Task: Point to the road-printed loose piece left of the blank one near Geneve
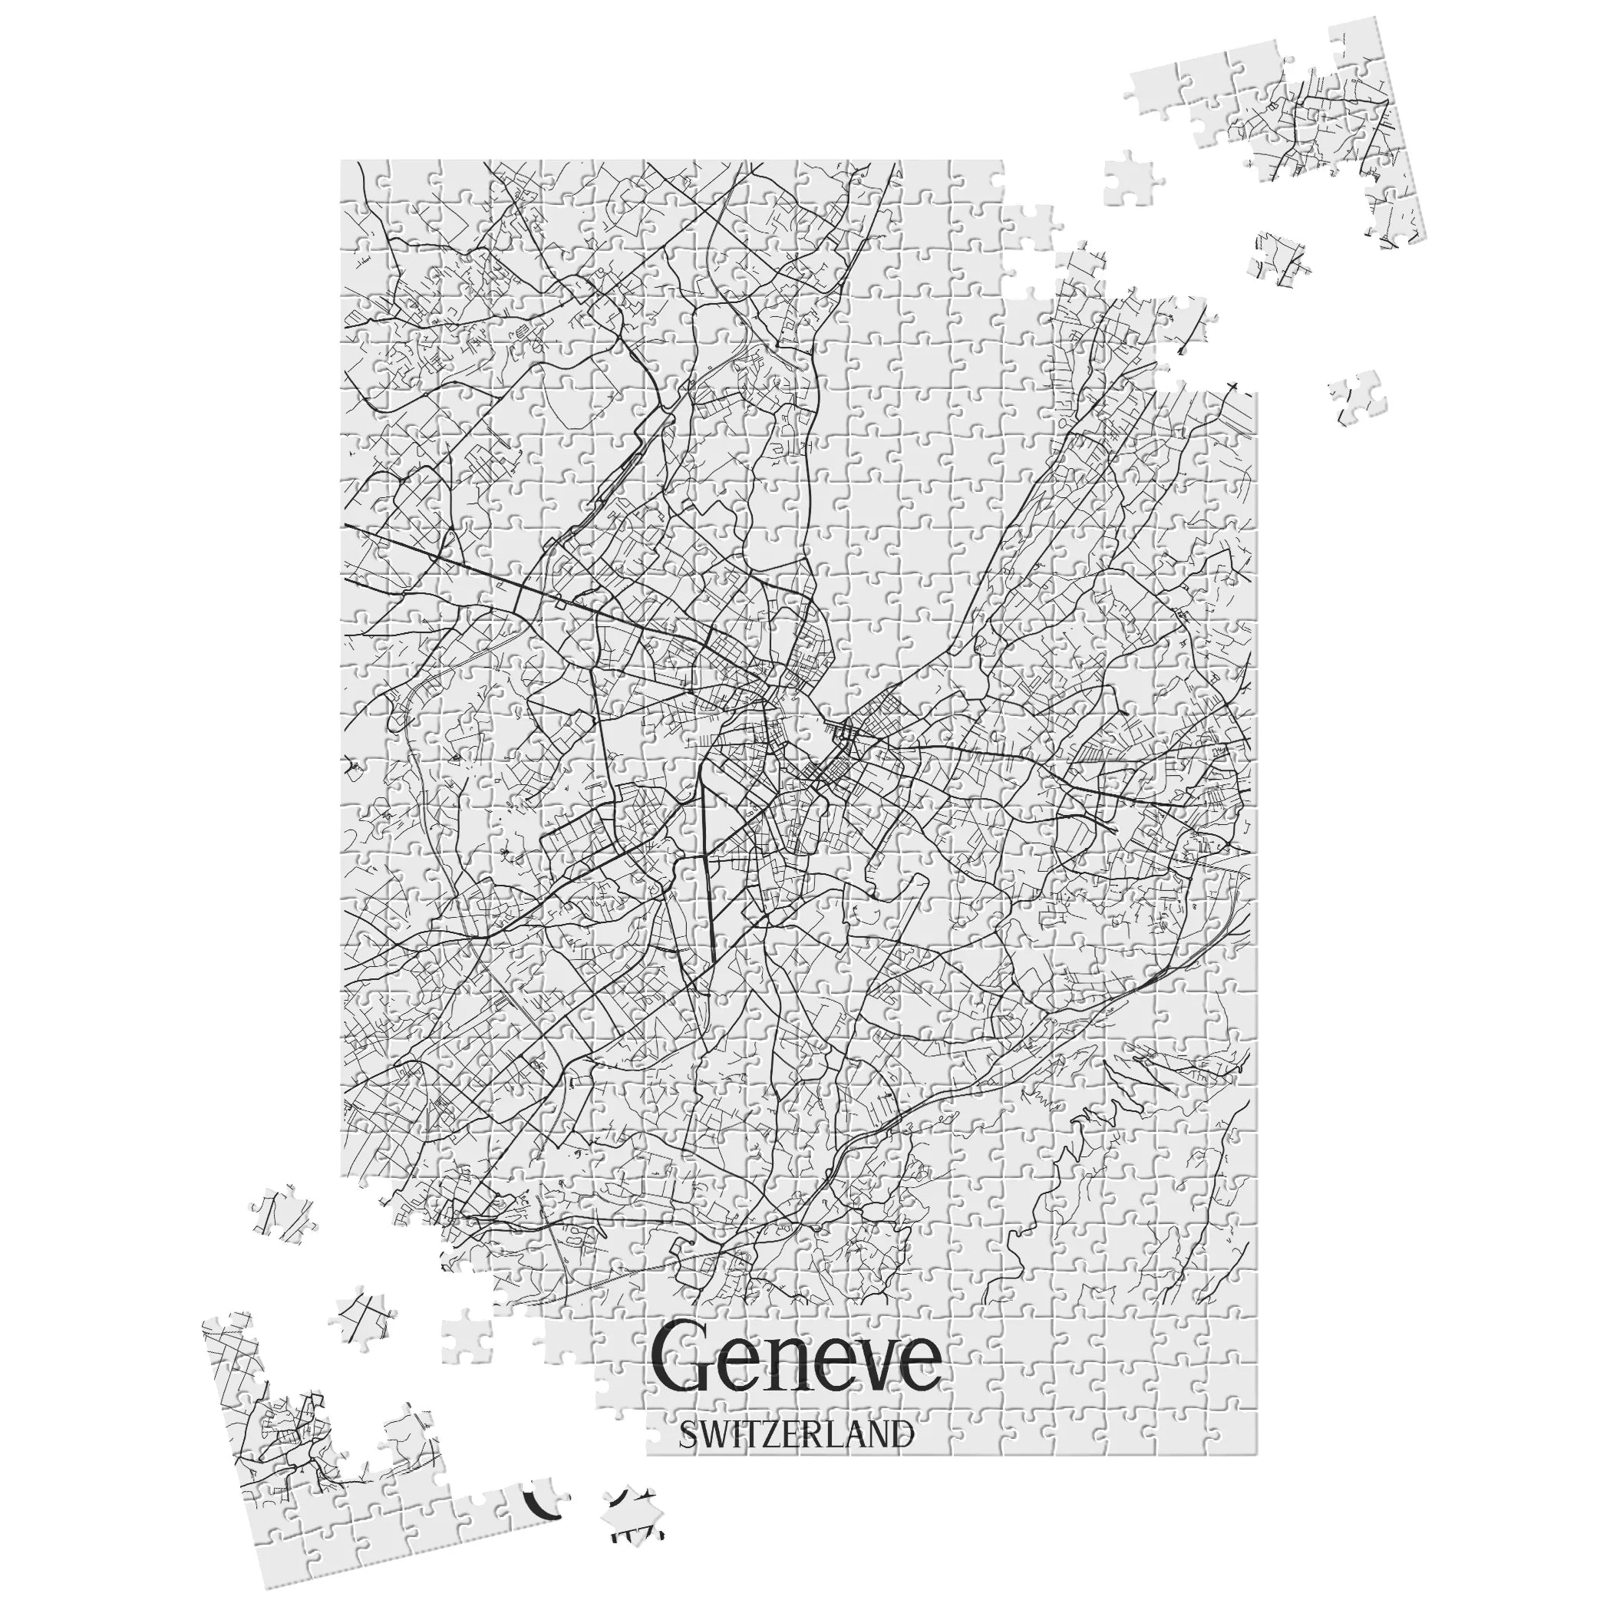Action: click(360, 1317)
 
